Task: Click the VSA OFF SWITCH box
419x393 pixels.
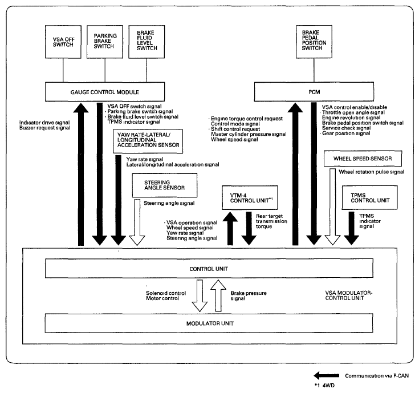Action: (63, 42)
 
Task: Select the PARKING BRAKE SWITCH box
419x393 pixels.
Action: (105, 42)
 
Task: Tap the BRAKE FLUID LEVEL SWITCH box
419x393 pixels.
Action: (147, 42)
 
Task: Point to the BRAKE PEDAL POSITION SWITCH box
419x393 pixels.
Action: (314, 42)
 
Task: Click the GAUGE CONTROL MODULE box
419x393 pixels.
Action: (105, 92)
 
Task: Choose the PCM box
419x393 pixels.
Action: (314, 92)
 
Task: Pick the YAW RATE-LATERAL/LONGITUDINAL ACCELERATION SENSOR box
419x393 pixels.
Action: (148, 141)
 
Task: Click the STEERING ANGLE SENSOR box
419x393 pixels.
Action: (165, 185)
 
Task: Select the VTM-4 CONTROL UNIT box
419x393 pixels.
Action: (250, 198)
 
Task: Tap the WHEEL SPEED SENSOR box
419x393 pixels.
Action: (363, 159)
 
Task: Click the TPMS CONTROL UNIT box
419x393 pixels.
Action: (370, 197)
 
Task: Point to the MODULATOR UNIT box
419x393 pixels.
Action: (209, 323)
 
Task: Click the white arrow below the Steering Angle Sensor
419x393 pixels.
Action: (137, 222)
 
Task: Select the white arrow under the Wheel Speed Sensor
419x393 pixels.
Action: (332, 207)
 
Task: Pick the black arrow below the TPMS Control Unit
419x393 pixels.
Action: (351, 228)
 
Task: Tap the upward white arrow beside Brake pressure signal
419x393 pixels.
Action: (218, 295)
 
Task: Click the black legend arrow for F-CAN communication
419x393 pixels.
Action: (326, 376)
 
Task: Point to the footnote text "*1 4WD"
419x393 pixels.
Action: (324, 385)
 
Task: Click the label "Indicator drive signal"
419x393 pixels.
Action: (44, 123)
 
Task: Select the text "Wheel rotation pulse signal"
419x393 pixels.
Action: (372, 172)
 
